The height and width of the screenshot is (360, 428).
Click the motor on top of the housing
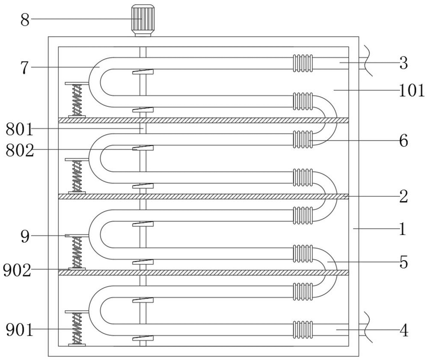pos(143,20)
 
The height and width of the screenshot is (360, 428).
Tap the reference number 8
pos(25,20)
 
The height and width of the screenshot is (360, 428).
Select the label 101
pos(412,91)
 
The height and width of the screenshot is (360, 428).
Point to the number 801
pos(19,129)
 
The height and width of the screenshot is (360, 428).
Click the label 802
pos(20,150)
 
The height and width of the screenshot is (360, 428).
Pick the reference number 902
pos(17,271)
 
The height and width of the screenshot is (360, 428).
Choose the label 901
pos(19,330)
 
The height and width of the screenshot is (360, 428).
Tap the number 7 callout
pos(25,68)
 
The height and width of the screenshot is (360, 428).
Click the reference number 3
pos(404,63)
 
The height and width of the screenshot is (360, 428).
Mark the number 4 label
pos(404,330)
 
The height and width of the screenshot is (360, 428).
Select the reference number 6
pos(404,141)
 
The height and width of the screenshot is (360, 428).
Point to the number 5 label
pos(404,262)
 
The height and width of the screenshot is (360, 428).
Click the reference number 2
pos(404,196)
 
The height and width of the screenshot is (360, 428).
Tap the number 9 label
pos(25,237)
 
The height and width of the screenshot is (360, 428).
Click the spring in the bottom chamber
pos(77,328)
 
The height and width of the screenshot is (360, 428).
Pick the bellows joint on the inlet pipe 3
pos(303,63)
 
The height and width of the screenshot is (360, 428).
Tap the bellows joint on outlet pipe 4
pos(303,330)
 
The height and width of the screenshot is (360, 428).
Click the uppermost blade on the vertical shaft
pos(143,72)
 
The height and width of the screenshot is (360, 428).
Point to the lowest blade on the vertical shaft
pos(143,339)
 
